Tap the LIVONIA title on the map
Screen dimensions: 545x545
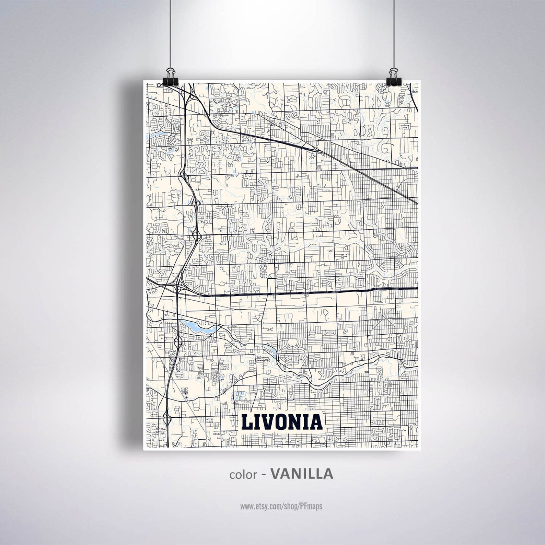(282, 422)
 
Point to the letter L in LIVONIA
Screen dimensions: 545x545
(247, 422)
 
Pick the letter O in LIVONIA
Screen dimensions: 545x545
(283, 422)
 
